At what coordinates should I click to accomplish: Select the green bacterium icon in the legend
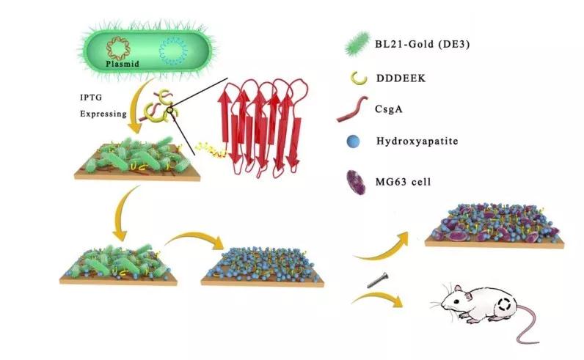[x=357, y=45]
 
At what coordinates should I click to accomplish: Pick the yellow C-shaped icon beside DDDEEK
[x=356, y=78]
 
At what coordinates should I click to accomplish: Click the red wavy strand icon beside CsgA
[x=354, y=111]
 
